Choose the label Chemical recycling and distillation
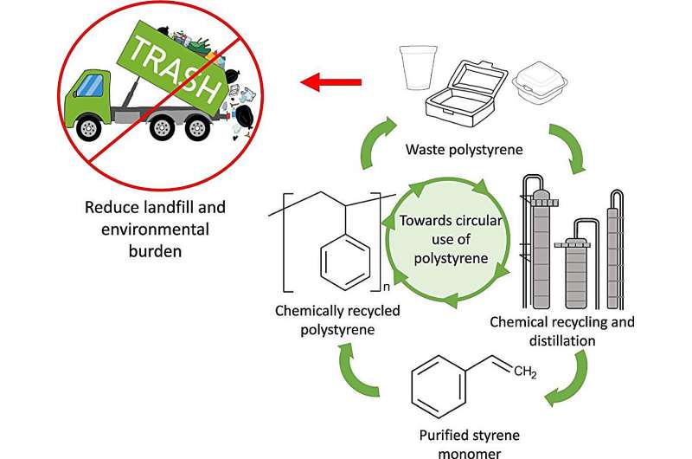pos(562,331)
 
